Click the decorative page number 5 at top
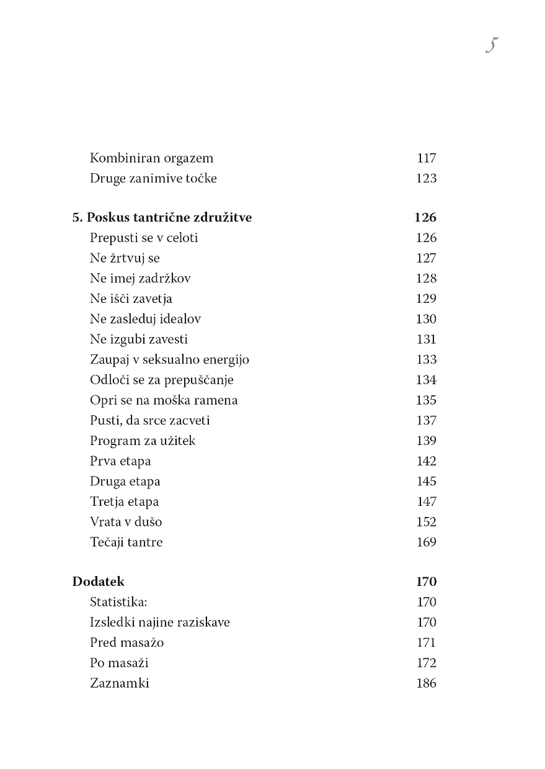click(493, 45)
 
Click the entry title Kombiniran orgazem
click(151, 158)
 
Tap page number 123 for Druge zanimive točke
click(426, 179)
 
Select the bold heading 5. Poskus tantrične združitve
click(162, 218)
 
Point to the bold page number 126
click(425, 218)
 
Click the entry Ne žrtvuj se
click(125, 258)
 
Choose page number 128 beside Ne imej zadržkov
click(426, 279)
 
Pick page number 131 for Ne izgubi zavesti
click(426, 340)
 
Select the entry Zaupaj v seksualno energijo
click(169, 360)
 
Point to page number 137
click(426, 421)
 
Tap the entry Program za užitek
click(143, 441)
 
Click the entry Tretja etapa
click(124, 502)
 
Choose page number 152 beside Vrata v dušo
click(426, 522)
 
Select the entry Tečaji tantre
click(126, 542)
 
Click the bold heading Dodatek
click(98, 582)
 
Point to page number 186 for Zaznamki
click(426, 683)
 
